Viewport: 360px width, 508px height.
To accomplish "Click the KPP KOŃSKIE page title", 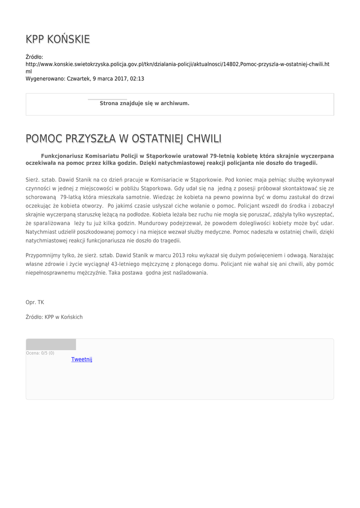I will point(58,39).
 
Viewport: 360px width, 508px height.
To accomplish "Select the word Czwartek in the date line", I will point(78,79).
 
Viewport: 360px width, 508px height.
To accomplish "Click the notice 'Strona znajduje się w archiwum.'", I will point(144,103).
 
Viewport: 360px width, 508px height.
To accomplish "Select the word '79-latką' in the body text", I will point(71,197).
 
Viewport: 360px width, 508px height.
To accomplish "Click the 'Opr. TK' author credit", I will point(35,302).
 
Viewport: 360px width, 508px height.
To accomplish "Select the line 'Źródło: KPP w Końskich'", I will point(54,317).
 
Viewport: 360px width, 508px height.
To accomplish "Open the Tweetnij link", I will point(81,359).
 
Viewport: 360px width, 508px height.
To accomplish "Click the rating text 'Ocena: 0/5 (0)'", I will point(40,353).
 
